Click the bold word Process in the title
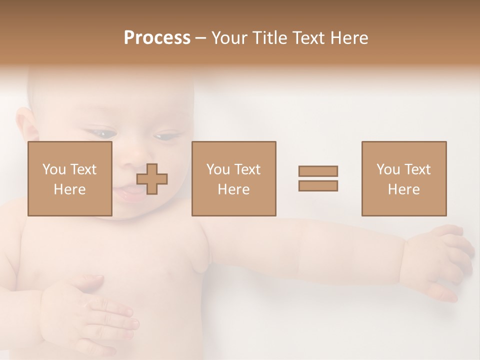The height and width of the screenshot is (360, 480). (157, 38)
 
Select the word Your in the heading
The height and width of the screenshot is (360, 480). (229, 38)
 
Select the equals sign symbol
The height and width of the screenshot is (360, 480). (318, 178)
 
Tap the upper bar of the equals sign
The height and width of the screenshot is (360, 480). (318, 171)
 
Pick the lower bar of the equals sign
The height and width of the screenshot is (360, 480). (318, 186)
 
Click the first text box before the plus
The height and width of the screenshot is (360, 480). (70, 178)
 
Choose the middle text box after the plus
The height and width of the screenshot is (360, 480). (233, 178)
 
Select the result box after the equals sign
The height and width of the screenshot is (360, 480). (404, 178)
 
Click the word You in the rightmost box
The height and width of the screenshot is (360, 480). (388, 169)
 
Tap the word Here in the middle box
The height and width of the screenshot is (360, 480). (233, 189)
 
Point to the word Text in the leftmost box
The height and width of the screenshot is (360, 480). (84, 169)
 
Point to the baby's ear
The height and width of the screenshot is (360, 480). (26, 125)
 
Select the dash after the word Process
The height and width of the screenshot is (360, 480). (200, 38)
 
